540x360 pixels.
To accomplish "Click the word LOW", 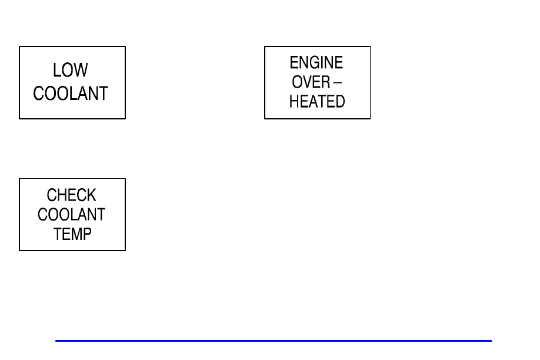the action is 71,70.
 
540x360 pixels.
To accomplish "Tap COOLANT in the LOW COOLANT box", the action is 71,94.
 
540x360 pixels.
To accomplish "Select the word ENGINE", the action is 316,63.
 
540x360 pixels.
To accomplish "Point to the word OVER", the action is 311,82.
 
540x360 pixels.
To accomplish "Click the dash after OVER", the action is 338,82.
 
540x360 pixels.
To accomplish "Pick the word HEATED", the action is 317,102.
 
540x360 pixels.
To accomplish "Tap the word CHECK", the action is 71,195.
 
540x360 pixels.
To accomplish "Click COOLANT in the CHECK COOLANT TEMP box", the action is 71,215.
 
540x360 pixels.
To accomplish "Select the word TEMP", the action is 72,234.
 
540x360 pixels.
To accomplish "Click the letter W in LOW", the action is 82,70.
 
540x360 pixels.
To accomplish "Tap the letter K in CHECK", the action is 91,195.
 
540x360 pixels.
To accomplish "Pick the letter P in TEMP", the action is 87,234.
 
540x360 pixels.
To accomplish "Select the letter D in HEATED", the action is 340,102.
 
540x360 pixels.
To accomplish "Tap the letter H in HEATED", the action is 294,102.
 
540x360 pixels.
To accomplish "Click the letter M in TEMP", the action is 76,234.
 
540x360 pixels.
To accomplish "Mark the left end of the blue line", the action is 55,341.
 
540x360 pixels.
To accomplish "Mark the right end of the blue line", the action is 492,341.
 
